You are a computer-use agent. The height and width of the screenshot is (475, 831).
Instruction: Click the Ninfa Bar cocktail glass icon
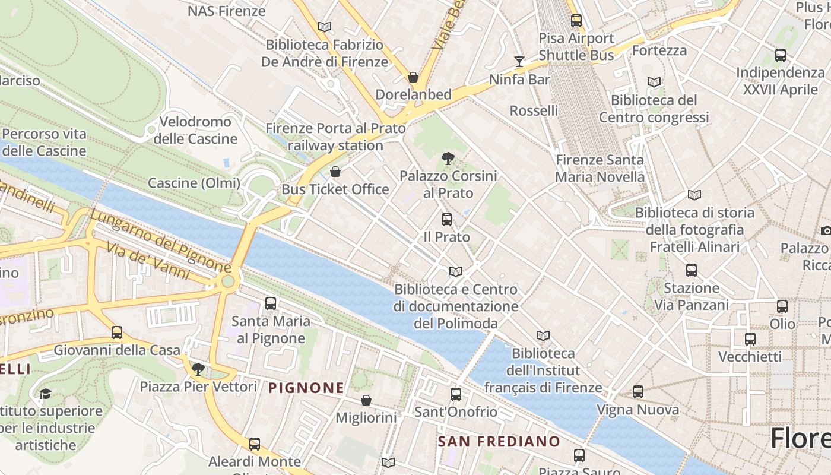[519, 61]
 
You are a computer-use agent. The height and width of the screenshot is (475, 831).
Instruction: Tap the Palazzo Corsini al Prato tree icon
[448, 158]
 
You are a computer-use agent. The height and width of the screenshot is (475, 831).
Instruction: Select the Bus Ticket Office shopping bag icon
[335, 172]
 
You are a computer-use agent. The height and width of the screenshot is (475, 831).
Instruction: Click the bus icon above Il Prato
[447, 220]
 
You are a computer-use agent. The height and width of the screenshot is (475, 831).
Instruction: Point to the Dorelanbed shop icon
[413, 77]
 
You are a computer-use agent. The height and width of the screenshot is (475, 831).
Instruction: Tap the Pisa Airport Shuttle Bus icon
[576, 21]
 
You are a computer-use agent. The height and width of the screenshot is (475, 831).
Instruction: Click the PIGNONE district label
[306, 388]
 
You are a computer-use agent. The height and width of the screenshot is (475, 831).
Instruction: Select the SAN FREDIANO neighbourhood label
[499, 442]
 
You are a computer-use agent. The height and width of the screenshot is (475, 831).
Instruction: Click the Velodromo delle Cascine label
[195, 131]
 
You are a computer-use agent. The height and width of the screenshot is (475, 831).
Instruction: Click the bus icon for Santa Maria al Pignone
[271, 303]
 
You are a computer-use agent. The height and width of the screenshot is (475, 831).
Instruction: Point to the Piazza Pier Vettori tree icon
[198, 369]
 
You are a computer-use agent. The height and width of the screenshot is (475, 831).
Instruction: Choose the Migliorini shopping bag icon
[366, 400]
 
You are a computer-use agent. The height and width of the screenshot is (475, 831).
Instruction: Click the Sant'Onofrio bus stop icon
[456, 394]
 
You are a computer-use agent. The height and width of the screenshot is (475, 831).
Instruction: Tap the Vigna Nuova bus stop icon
[638, 392]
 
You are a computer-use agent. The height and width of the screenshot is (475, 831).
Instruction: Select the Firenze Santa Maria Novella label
[600, 168]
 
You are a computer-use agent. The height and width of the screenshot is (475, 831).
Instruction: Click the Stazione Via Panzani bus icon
[692, 270]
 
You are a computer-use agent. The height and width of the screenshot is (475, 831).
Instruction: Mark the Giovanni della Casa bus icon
[117, 332]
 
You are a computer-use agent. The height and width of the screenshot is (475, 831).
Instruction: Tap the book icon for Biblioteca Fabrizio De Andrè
[324, 27]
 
